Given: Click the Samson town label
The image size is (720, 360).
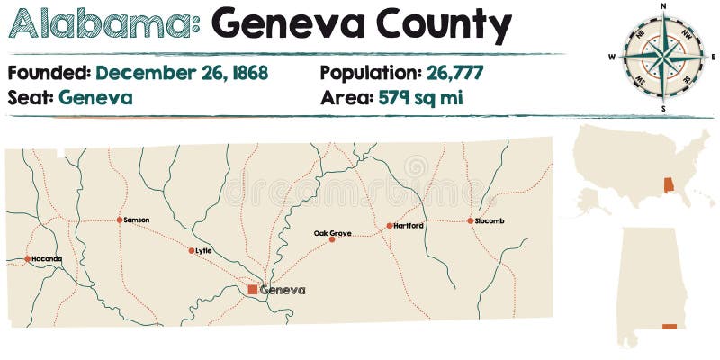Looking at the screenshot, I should (137, 220).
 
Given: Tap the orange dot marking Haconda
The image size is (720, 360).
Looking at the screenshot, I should (28, 259).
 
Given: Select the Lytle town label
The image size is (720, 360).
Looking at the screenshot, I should (203, 250).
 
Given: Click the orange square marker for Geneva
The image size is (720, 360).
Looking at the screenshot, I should (253, 290).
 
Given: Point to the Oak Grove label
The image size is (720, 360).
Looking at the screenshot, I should (332, 233).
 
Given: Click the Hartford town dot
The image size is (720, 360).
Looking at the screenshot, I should (389, 226).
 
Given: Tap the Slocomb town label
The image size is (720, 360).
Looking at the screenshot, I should (490, 220).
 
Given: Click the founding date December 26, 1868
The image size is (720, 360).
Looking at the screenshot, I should (182, 73).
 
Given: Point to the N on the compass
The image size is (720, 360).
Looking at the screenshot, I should (663, 5).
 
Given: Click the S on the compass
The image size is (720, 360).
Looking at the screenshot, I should (663, 109).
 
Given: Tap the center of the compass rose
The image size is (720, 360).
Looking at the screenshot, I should (663, 58).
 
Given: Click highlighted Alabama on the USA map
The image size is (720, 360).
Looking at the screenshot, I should (668, 185).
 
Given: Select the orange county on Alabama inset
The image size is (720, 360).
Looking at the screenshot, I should (669, 326).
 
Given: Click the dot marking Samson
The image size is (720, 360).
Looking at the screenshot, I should (119, 220).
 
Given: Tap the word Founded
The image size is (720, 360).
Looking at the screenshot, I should (48, 73).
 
